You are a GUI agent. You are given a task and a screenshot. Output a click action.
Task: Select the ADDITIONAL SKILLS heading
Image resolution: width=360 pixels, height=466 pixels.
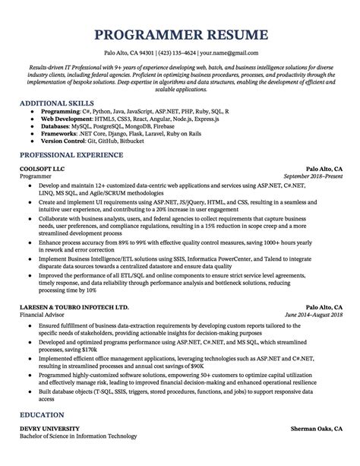click(x=56, y=101)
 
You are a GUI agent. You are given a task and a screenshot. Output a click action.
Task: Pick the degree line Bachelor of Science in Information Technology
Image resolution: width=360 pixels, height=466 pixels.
click(x=78, y=458)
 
